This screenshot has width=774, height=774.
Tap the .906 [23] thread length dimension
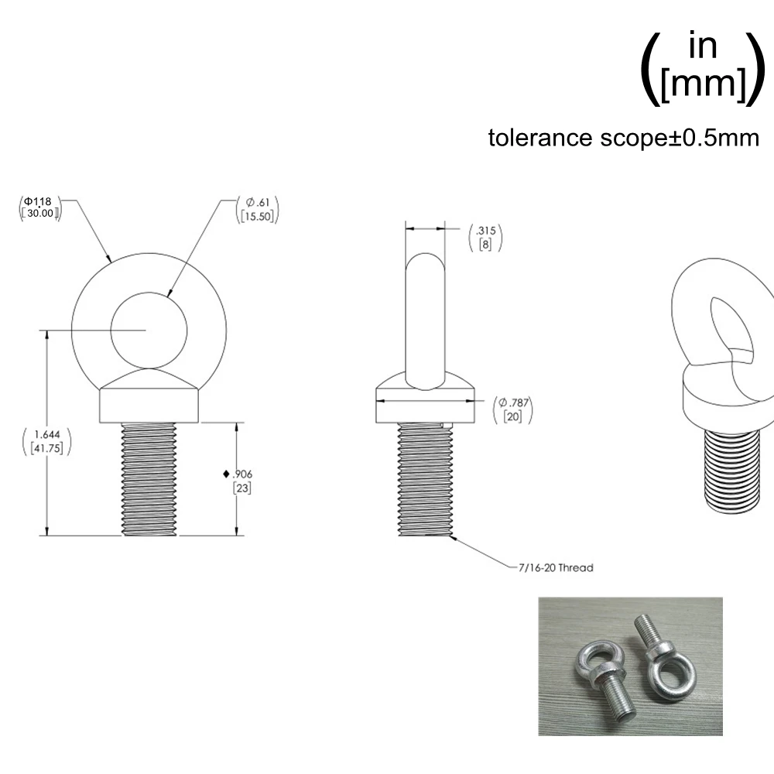pos(241,480)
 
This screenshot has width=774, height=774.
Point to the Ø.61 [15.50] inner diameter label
pos(257,210)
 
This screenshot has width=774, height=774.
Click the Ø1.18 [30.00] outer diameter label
pos(40,207)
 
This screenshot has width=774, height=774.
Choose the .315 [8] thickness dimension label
pos(485,238)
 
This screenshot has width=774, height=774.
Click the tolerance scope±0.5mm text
pos(624,138)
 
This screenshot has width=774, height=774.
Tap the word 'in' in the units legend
pos(703,46)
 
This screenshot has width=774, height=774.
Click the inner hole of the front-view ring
pos(149,329)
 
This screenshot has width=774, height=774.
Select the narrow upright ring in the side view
pos(426,317)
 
